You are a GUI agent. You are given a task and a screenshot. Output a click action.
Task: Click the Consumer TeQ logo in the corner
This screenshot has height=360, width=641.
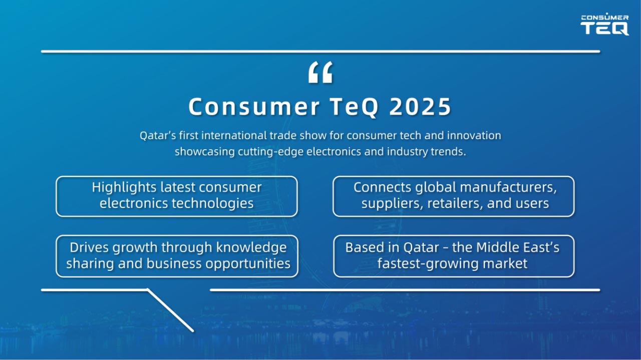604,24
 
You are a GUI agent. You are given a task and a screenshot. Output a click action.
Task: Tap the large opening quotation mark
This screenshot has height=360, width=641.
320,73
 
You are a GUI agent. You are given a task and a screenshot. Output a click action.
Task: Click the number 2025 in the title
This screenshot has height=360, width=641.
420,107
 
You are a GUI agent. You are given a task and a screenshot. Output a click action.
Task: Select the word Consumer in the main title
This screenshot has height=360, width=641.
254,107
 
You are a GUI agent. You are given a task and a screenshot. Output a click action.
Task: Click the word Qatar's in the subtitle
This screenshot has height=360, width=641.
158,135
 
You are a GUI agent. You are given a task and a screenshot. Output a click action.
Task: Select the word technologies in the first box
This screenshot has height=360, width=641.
213,203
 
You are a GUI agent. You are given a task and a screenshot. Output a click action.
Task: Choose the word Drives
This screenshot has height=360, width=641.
89,247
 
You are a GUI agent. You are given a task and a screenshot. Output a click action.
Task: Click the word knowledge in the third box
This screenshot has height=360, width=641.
251,248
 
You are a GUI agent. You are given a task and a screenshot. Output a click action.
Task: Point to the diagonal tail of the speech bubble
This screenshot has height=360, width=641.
171,310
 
